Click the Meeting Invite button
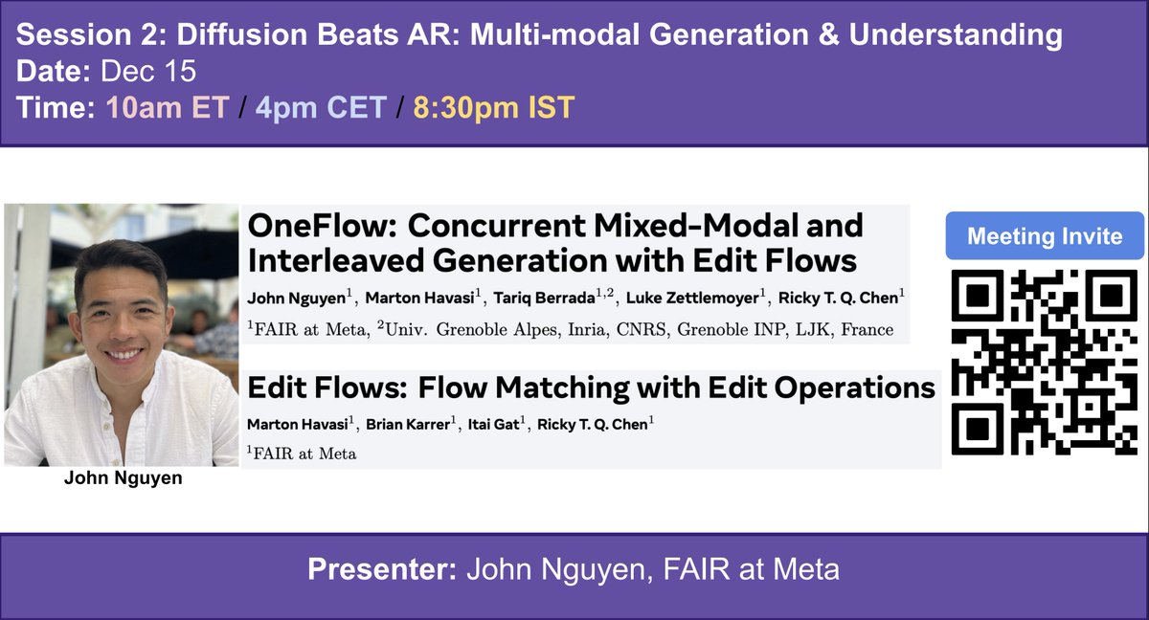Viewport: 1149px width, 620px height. [x=1045, y=237]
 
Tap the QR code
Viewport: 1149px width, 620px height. [x=1045, y=363]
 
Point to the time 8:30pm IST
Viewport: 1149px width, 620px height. [x=493, y=107]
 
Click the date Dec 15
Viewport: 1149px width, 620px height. [x=137, y=72]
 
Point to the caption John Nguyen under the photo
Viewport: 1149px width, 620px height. [x=122, y=478]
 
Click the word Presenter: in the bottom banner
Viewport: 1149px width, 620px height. [x=381, y=570]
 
